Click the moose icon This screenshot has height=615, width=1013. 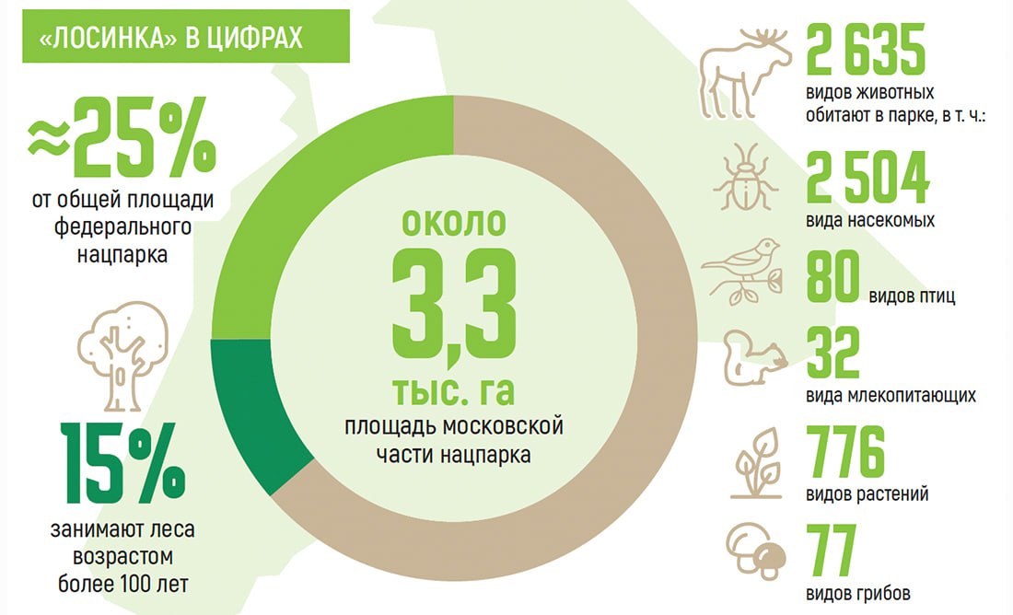[745, 73]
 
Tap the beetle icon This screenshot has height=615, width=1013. [746, 178]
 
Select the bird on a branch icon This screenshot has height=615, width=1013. [742, 272]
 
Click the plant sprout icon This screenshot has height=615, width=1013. [756, 463]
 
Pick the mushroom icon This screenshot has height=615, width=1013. [756, 551]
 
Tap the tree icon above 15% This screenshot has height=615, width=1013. [122, 356]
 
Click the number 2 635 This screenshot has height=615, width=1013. [866, 50]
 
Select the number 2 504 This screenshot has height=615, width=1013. [867, 178]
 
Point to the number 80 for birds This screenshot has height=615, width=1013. [833, 276]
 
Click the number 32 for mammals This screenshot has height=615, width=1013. [833, 353]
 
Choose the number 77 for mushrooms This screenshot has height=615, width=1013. [832, 551]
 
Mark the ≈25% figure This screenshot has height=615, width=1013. [122, 137]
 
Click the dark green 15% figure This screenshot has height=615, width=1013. [122, 463]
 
